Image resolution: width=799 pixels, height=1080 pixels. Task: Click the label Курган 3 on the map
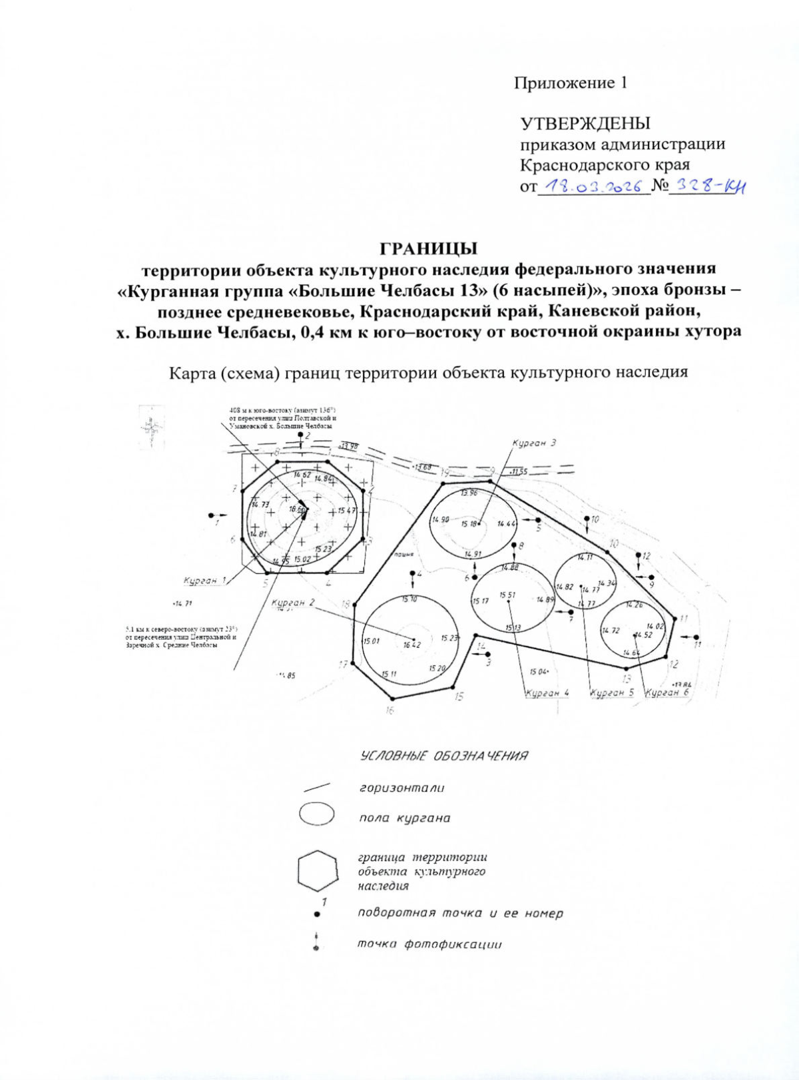534,443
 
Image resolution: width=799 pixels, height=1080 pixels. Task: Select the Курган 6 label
667,692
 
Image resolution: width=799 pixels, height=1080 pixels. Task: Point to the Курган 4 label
547,692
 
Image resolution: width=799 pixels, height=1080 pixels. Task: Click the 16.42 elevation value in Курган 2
412,645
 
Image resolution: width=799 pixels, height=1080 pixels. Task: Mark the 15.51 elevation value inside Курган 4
507,595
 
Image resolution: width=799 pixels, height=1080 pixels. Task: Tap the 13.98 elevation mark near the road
349,446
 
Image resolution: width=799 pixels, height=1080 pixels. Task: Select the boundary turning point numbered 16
393,698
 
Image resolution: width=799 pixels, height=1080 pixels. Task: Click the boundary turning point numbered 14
475,636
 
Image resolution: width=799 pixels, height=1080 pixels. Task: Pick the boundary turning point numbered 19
442,483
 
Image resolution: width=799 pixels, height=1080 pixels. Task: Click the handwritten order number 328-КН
707,187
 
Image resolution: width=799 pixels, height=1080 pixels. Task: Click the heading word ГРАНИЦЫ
428,249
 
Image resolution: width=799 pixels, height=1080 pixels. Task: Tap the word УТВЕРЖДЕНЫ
585,124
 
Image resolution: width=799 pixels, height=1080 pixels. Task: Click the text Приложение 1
570,83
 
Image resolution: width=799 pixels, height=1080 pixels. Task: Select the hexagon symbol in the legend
317,870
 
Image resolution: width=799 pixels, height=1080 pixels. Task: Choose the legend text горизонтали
401,788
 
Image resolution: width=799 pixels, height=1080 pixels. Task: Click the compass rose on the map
152,426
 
